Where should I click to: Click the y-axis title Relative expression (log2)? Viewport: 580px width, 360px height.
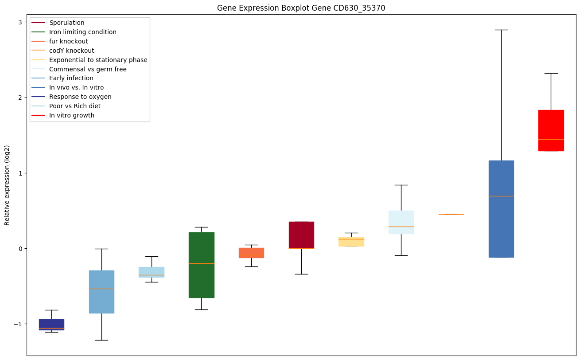(7, 185)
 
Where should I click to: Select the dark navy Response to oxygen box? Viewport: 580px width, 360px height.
(51, 324)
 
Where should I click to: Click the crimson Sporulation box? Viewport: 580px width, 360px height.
(301, 235)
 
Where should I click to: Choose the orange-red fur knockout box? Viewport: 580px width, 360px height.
(251, 253)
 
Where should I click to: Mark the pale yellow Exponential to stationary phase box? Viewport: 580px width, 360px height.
(351, 242)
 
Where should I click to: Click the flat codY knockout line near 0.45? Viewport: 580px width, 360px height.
(451, 214)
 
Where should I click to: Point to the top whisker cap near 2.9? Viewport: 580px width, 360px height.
(501, 30)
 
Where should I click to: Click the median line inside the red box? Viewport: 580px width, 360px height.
(551, 139)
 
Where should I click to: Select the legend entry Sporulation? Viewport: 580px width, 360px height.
(67, 23)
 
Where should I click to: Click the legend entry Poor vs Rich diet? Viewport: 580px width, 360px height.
(75, 106)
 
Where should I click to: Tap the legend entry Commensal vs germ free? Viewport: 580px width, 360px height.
(88, 69)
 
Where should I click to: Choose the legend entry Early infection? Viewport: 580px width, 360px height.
(71, 78)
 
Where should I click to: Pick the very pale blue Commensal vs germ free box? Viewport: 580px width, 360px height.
(401, 222)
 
